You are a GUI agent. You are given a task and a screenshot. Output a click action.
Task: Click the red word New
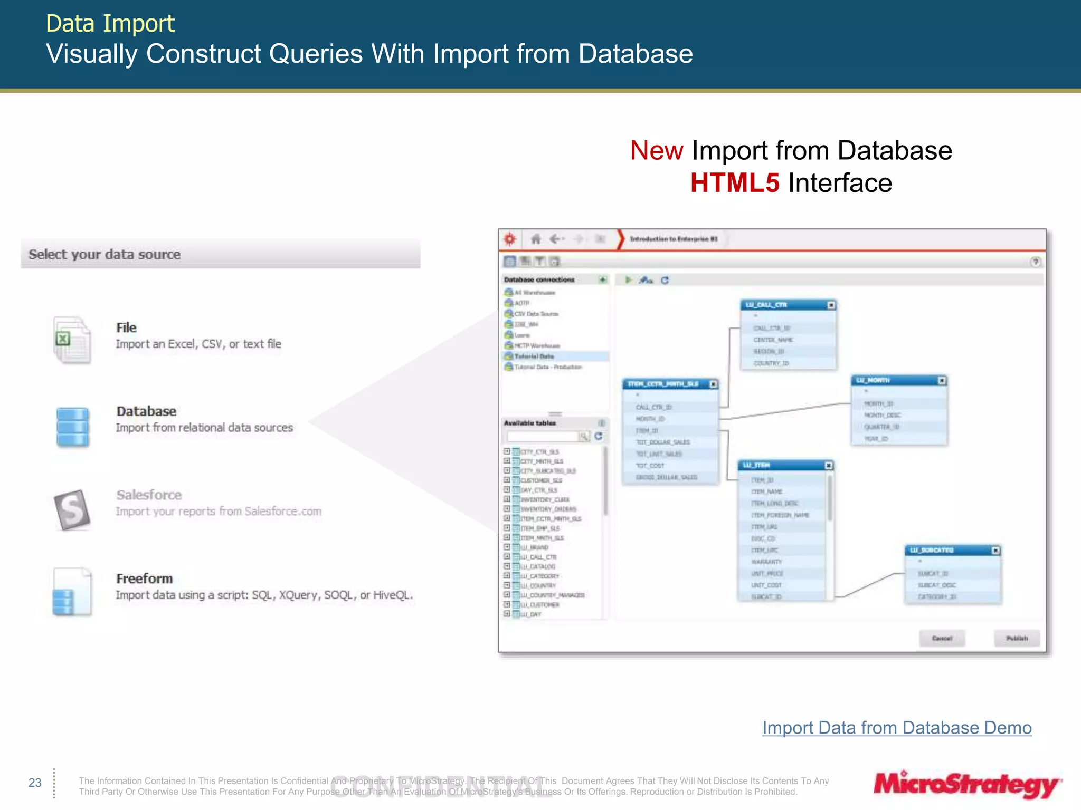pos(657,151)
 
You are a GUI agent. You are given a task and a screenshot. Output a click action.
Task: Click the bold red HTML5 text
pos(734,184)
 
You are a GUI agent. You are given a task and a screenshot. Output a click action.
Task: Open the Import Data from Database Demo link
pos(896,728)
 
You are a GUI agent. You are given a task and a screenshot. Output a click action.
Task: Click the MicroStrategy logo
pos(966,785)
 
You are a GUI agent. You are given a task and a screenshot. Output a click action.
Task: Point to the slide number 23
pos(35,783)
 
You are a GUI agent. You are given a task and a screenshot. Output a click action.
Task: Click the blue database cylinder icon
pos(72,427)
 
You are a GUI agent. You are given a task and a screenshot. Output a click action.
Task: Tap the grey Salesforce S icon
pos(72,509)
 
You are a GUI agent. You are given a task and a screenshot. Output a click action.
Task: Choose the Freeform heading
pos(144,578)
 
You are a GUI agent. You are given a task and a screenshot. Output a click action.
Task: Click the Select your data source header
pos(105,254)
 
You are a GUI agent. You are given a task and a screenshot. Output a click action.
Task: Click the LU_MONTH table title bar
pos(892,380)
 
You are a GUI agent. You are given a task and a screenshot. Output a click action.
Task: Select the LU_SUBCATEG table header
pos(945,550)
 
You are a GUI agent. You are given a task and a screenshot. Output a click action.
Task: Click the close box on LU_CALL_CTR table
pos(831,305)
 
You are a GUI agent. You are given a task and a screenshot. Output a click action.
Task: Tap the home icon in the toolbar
pos(536,239)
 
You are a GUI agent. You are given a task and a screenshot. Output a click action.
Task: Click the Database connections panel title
pos(539,279)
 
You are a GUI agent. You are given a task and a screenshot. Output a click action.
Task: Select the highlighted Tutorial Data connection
pos(534,356)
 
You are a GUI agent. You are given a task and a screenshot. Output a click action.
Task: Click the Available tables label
pos(529,423)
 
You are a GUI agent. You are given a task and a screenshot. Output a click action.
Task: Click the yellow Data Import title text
pos(110,24)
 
